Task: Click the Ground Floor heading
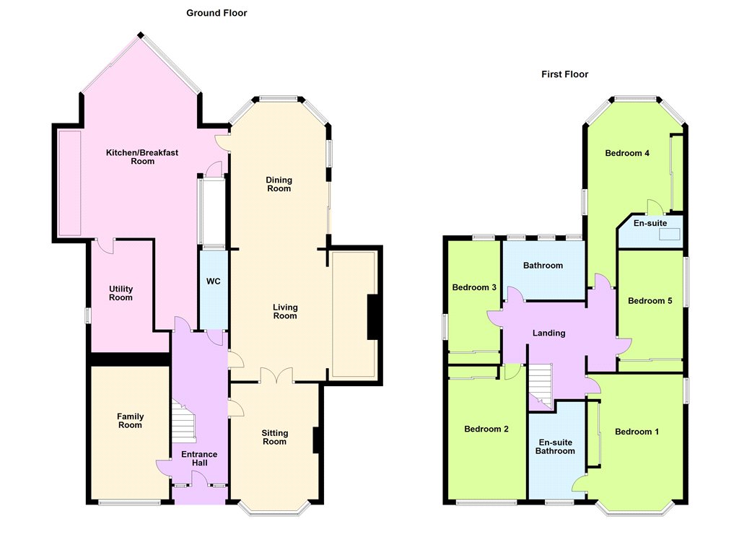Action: click(217, 13)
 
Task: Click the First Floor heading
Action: click(564, 74)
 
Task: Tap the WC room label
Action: click(214, 281)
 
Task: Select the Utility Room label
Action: click(121, 293)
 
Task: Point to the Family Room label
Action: click(130, 421)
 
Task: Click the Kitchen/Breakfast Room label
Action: click(142, 157)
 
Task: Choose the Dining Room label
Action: click(279, 184)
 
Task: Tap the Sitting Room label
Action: click(275, 437)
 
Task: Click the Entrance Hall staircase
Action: click(183, 422)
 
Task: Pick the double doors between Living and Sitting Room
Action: click(276, 376)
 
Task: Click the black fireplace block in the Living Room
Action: click(373, 317)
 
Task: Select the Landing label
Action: click(549, 333)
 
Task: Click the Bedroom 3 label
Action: click(474, 287)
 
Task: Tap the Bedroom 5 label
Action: click(650, 301)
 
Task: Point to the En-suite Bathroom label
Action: click(555, 447)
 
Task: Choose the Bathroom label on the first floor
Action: click(543, 266)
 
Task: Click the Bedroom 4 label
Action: click(627, 153)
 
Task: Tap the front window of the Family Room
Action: click(130, 502)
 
